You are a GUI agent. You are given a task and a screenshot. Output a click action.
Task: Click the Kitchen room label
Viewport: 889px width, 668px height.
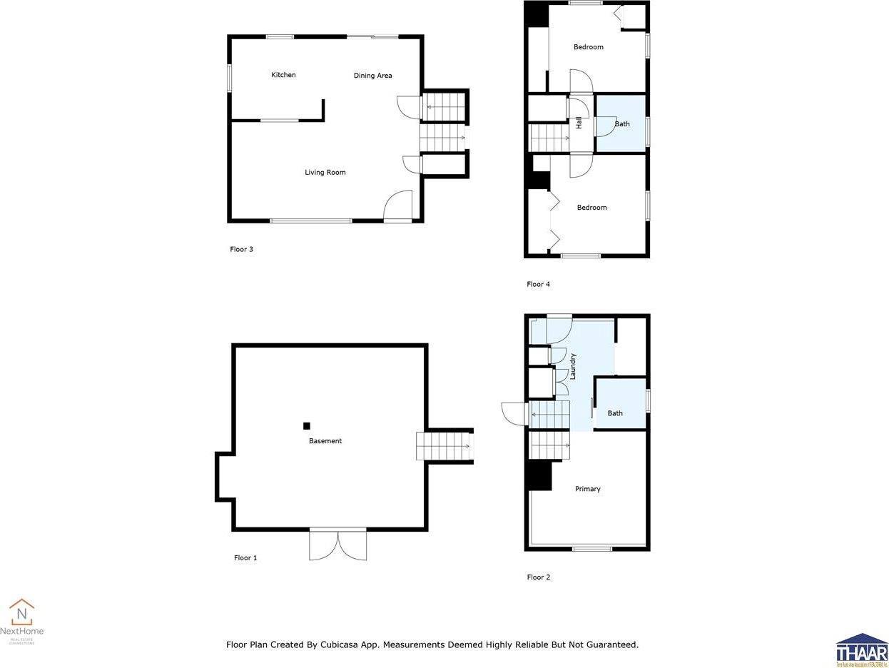tap(283, 75)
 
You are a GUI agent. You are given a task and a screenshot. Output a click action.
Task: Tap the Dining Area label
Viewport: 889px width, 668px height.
tap(372, 76)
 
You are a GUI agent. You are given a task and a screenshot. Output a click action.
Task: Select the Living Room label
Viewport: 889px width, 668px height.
tap(325, 172)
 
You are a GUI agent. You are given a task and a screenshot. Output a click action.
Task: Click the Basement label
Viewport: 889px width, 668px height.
tap(325, 441)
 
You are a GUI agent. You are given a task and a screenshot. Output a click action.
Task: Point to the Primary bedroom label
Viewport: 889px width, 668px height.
tap(588, 489)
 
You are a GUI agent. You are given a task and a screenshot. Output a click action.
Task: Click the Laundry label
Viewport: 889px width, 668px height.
tap(572, 365)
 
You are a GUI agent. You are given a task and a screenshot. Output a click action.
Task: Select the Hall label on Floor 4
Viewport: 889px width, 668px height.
tap(579, 123)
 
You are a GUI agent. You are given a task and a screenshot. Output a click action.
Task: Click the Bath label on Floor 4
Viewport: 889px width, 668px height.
tap(622, 124)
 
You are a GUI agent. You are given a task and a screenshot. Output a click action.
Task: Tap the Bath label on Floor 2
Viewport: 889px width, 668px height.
tap(615, 413)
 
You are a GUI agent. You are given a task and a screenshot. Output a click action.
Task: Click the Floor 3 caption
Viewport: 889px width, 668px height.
tap(241, 249)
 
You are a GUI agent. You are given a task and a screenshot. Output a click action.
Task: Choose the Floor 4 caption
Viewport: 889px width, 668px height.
tap(538, 284)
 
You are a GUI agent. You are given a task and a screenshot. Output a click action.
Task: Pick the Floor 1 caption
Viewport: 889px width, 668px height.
tap(245, 557)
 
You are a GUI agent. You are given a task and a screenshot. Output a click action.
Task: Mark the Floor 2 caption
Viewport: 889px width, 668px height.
tap(538, 577)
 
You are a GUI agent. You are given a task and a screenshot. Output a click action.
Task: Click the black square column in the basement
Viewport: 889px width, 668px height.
tap(307, 426)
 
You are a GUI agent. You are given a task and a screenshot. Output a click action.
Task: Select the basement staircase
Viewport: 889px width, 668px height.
tap(444, 446)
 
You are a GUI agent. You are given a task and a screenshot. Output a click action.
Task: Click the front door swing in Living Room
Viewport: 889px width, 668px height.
tap(399, 207)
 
